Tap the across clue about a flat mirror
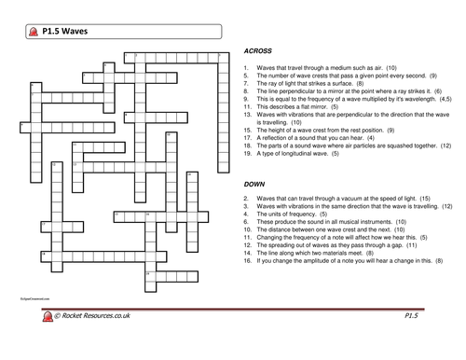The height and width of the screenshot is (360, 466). pyautogui.click(x=308, y=107)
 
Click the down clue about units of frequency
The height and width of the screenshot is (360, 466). pyautogui.click(x=298, y=215)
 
